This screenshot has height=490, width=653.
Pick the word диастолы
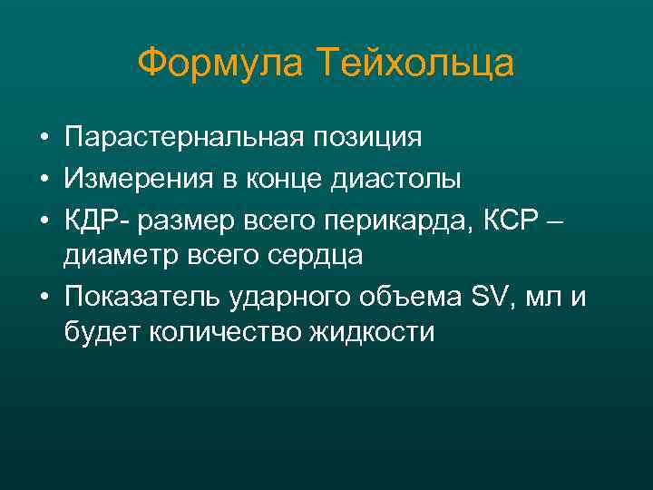(x=395, y=179)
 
